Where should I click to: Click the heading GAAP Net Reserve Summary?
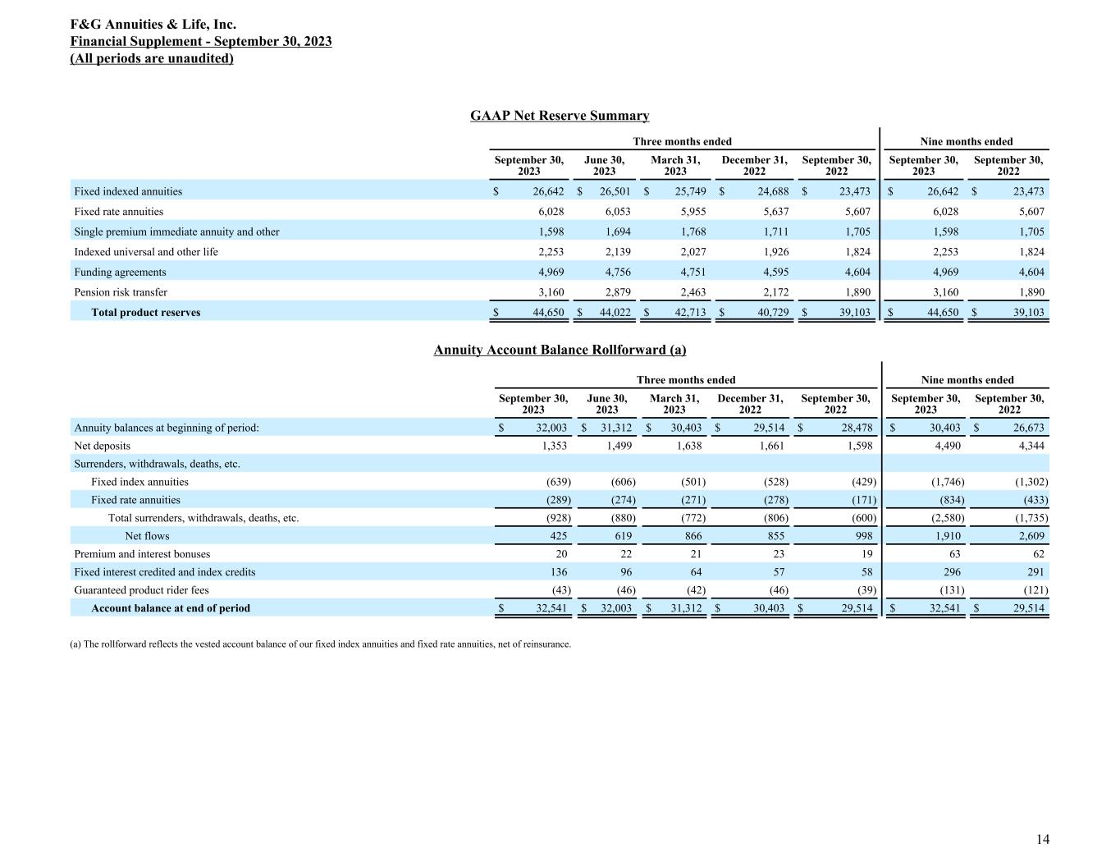[560, 116]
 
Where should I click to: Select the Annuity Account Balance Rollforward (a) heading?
[560, 350]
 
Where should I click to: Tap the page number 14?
[1042, 839]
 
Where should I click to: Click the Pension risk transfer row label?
[121, 292]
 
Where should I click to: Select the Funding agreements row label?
[120, 273]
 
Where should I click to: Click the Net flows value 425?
[556, 536]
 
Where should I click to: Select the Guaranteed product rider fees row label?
[142, 590]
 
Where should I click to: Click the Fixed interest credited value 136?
[558, 572]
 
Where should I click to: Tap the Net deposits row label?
[103, 446]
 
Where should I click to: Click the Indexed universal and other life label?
[146, 252]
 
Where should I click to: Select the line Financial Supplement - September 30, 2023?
[201, 42]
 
